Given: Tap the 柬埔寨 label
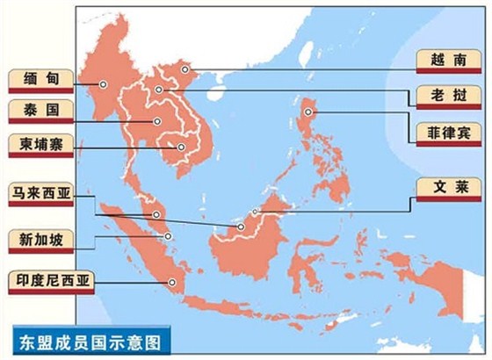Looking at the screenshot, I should (x=40, y=144).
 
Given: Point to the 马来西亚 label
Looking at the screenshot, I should (x=41, y=193).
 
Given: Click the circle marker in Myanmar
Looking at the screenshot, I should (x=103, y=84).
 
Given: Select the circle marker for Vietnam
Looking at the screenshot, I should (x=185, y=68).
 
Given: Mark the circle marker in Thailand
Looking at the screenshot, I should (x=156, y=121).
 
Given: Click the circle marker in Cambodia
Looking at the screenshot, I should (x=181, y=147).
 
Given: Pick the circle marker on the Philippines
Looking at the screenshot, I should (x=308, y=112).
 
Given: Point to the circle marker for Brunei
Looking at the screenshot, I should (x=256, y=212).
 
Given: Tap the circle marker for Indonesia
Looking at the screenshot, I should (x=172, y=282).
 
